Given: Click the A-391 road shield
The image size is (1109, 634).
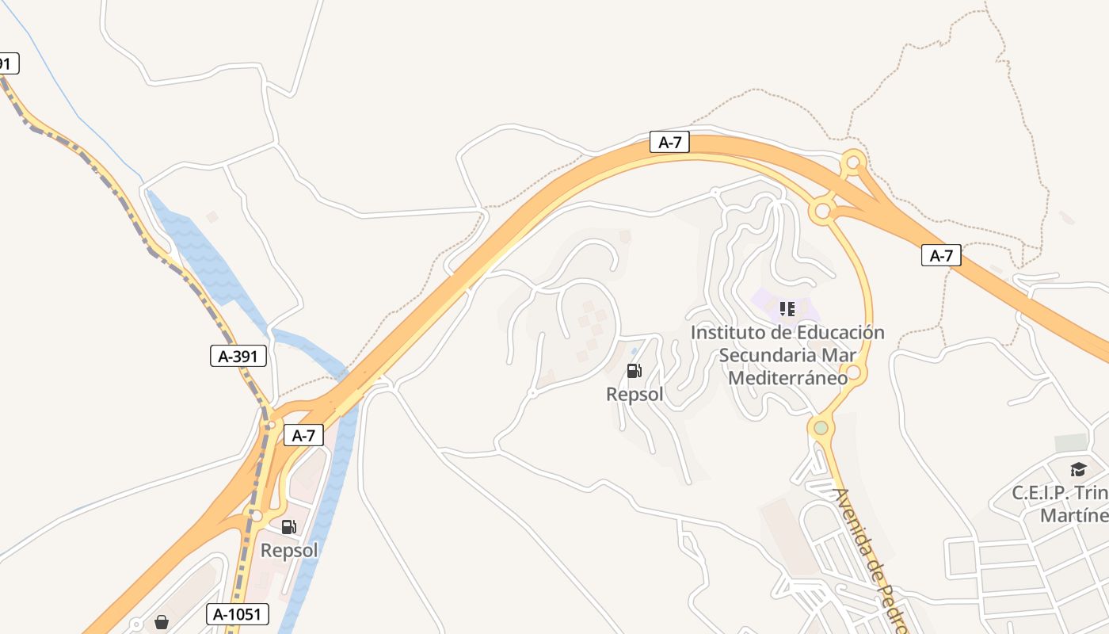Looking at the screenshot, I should coord(238,356).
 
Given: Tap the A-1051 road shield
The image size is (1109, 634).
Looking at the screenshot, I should coord(238,613).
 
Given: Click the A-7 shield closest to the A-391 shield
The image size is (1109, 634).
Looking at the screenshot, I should coord(303,435).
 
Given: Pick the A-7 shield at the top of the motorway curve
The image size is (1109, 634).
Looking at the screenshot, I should coord(669,143).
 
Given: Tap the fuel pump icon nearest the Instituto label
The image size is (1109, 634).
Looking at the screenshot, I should coord(634,370).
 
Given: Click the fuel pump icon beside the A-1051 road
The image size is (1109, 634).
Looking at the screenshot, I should coord(289,526).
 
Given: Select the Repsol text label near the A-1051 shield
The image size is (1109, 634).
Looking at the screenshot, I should coord(289,550).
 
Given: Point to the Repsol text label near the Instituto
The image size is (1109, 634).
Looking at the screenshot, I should coord(635,394).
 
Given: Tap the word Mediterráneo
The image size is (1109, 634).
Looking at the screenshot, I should coord(787,378).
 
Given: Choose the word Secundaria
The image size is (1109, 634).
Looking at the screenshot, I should coord(767,355).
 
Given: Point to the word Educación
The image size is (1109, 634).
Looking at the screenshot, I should coord(840,332).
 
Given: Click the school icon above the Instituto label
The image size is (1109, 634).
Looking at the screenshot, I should coord(787,308).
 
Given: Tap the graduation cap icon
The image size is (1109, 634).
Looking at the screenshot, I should coord(1077,469).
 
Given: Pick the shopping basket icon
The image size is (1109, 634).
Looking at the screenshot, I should coord(162,622).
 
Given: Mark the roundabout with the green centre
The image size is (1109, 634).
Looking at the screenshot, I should coord(821,428).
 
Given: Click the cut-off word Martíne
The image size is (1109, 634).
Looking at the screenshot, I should coord(1073,516).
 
